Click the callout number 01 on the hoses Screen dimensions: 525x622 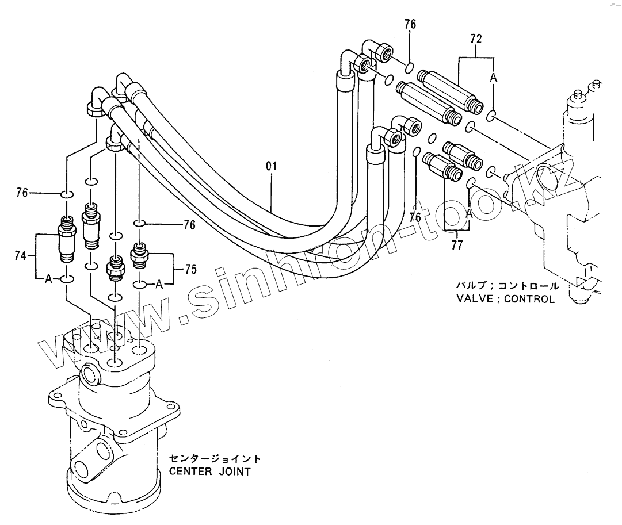(x=272, y=167)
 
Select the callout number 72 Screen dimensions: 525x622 (x=476, y=39)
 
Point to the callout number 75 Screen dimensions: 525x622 (x=190, y=269)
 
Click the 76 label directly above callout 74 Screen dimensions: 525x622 (x=22, y=193)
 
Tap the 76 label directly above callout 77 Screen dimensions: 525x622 (x=415, y=217)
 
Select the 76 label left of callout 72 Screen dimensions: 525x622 (x=410, y=24)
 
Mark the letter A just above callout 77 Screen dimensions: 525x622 (x=470, y=213)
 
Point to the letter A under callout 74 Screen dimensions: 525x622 (x=48, y=279)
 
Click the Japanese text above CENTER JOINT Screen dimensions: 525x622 (x=215, y=459)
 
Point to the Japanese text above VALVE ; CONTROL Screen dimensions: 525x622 (x=507, y=286)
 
